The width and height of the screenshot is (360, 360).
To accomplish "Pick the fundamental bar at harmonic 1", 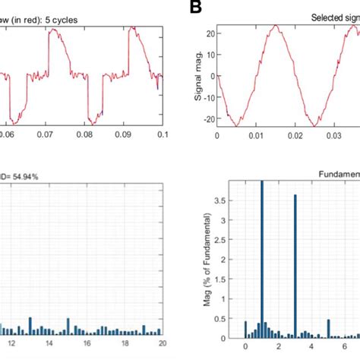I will (x=262, y=258).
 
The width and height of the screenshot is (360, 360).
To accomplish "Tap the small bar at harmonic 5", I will (x=328, y=329).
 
